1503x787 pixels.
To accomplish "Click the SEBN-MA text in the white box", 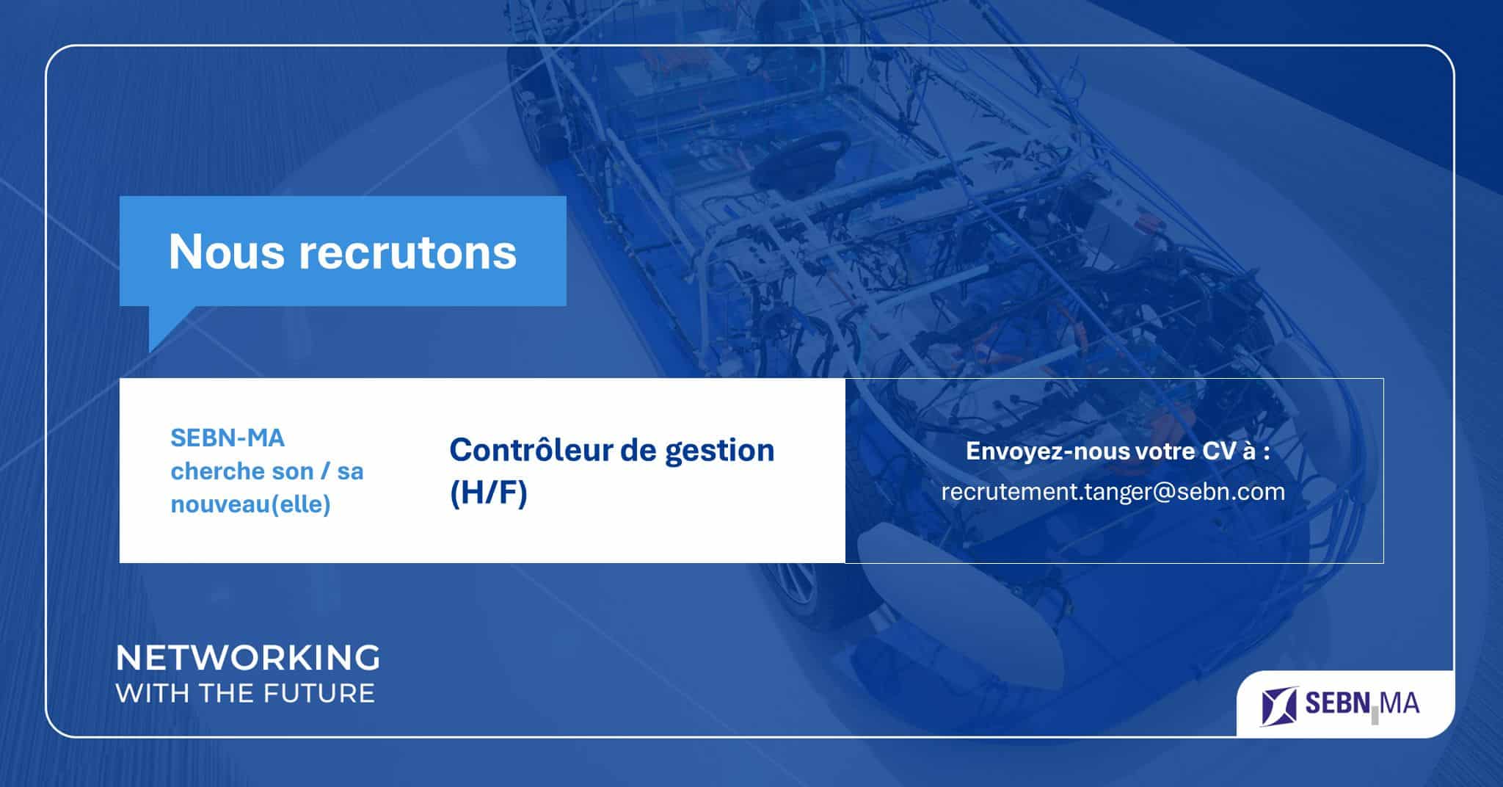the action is pyautogui.click(x=228, y=438).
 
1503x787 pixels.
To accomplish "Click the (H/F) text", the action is pyautogui.click(x=489, y=493).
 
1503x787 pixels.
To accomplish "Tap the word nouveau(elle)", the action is pyautogui.click(x=250, y=504).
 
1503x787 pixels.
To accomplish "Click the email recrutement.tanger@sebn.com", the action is pyautogui.click(x=1113, y=492).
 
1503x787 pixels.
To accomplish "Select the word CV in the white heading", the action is pyautogui.click(x=1219, y=451).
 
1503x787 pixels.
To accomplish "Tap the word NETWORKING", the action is pyautogui.click(x=248, y=658).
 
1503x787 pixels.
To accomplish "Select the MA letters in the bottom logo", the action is pyautogui.click(x=1400, y=703).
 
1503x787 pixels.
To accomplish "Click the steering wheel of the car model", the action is pyautogui.click(x=800, y=159).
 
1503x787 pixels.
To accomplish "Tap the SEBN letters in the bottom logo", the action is pyautogui.click(x=1337, y=703).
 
